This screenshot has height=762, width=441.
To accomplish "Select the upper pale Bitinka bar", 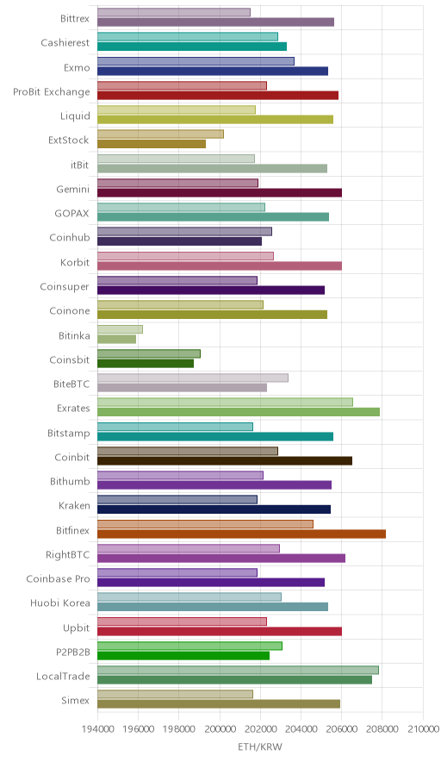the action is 120,329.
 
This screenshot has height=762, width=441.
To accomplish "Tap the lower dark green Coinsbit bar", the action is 146,363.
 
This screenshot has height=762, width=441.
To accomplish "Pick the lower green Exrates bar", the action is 239,412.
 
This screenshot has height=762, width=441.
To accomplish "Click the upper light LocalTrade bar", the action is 238,670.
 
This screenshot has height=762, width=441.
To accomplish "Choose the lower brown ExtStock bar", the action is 152,144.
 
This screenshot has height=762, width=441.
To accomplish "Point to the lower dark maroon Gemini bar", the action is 220,193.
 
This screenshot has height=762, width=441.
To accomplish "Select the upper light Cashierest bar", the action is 188,36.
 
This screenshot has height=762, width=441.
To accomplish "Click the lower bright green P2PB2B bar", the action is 183,656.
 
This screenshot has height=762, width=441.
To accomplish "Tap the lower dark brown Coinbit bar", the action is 225,460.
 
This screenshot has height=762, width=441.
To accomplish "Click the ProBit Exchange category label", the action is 52,92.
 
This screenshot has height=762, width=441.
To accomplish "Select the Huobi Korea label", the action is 60,603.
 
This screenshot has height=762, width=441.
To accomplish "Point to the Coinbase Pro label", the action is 59,578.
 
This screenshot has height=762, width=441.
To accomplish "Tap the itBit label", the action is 80,165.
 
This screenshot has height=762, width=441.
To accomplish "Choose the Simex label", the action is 75,700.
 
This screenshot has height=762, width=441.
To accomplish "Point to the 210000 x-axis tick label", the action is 423,729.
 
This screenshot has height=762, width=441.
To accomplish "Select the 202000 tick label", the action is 260,729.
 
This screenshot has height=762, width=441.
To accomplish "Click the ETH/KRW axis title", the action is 260,747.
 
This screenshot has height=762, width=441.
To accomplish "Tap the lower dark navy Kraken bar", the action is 214,509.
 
